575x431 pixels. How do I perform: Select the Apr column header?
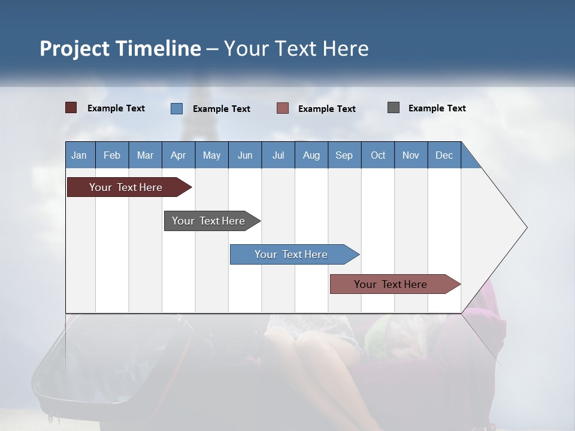178,155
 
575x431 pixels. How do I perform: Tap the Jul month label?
279,155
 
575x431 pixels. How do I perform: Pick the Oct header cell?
378,155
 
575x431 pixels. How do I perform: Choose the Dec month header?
444,155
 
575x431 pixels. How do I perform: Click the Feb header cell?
112,155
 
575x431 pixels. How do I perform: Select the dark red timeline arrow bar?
129,187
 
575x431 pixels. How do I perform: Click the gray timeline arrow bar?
212,221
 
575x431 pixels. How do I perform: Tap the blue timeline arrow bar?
295,254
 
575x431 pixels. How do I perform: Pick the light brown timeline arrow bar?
395,284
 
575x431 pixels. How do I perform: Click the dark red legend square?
71,108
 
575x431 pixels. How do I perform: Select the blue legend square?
176,108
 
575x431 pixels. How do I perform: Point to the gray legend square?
394,107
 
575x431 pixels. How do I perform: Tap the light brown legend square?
282,108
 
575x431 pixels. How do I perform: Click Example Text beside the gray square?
437,108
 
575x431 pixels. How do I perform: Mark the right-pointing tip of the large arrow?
527,227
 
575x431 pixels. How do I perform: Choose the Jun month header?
245,155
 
